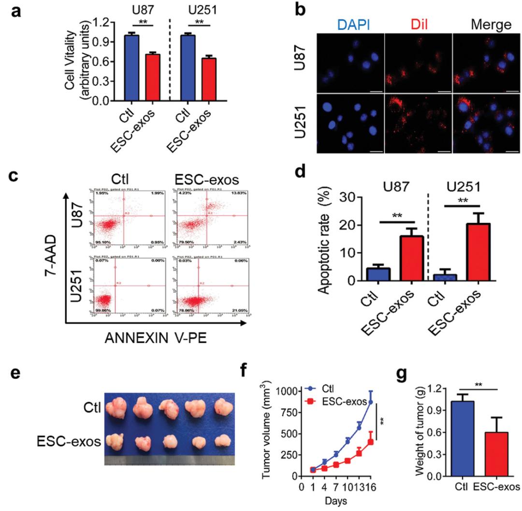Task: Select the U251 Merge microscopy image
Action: tap(486, 122)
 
